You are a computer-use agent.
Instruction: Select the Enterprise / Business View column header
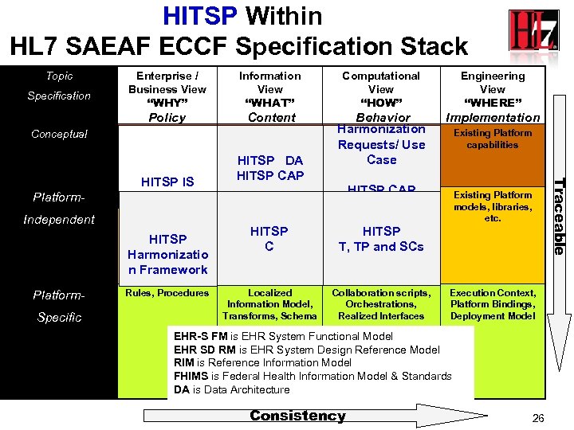click(167, 96)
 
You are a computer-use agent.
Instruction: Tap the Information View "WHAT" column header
click(269, 96)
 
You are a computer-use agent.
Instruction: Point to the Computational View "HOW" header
click(381, 96)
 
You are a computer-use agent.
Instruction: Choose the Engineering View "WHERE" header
click(493, 96)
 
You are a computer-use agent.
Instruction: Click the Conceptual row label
click(59, 134)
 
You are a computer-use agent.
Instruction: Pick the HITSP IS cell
click(167, 182)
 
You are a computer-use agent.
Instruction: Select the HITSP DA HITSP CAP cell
click(269, 168)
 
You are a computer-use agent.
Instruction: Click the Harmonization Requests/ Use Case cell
click(381, 144)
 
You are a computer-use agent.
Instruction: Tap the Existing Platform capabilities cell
click(493, 139)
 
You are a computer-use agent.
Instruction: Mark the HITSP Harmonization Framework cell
click(167, 254)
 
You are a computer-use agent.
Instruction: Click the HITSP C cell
click(269, 239)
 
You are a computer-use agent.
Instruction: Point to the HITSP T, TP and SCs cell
click(381, 239)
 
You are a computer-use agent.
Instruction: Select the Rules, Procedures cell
click(167, 293)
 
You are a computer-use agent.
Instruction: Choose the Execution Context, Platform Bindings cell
click(493, 304)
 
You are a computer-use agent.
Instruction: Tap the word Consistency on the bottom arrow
click(297, 416)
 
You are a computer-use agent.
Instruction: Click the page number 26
click(537, 417)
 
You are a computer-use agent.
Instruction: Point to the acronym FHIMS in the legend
click(191, 376)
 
